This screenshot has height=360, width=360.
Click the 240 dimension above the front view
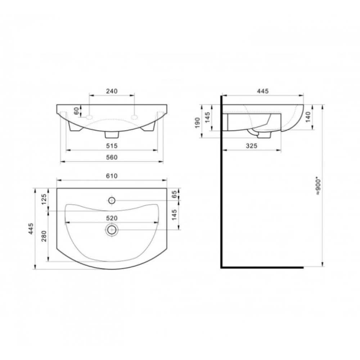112,91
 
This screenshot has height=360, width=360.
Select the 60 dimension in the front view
77,111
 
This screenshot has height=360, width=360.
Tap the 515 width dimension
112,146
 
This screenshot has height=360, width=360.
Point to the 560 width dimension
112,157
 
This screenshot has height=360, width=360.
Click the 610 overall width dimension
112,176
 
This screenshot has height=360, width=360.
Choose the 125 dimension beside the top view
44,199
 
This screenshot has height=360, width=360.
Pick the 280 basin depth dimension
44,236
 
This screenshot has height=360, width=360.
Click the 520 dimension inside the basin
112,218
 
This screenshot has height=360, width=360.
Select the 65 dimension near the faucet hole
175,194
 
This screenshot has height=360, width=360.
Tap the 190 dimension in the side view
197,123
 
